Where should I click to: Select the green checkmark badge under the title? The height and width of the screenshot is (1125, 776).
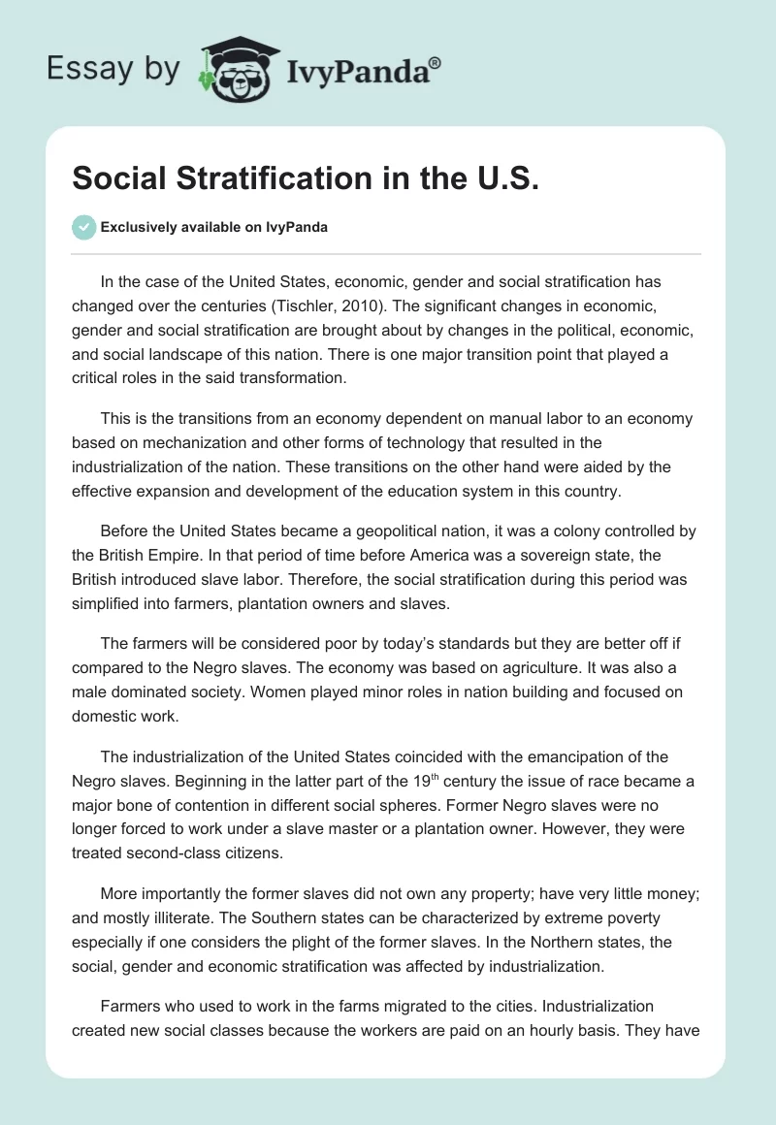pos(83,227)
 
